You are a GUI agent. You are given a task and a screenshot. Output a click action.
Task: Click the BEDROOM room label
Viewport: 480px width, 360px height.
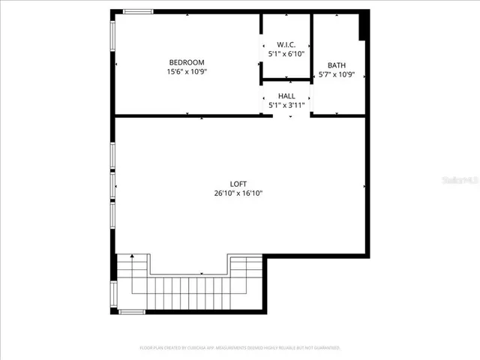coord(186,62)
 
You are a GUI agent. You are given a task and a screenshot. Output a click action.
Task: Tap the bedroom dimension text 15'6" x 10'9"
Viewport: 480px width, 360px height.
coord(186,72)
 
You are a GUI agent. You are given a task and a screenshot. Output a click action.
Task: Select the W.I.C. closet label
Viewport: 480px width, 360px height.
coord(286,46)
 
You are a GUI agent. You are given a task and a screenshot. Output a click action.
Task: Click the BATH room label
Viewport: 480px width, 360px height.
coord(336,65)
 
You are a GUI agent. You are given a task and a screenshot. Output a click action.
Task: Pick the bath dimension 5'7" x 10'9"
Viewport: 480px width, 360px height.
coord(336,75)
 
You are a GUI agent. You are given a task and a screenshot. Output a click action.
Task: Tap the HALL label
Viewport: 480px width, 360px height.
coord(286,96)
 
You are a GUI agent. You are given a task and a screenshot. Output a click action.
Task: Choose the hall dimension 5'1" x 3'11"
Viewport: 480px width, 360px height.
coord(286,106)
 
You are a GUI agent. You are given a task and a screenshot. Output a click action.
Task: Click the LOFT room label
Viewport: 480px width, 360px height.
coord(238,184)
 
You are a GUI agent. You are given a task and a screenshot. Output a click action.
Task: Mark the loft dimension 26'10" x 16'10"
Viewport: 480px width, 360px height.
coord(238,193)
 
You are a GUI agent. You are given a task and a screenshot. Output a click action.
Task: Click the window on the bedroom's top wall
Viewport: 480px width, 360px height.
coord(138,11)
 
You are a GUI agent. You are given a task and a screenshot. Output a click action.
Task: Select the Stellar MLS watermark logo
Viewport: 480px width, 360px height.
coord(460,181)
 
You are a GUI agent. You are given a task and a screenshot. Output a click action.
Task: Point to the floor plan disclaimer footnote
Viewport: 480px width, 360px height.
coord(240,348)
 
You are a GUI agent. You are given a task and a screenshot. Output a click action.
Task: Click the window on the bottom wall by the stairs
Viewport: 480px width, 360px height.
coord(132,311)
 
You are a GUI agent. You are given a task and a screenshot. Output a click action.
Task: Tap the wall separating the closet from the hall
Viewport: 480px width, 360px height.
coord(286,79)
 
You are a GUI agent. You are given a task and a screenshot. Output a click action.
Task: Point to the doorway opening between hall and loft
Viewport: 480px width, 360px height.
coord(286,116)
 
